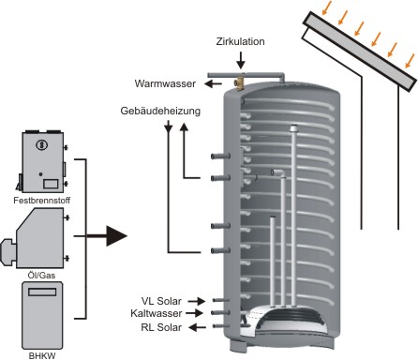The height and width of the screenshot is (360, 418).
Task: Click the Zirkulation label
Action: coord(240,41)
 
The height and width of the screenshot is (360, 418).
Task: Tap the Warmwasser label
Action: coord(165,83)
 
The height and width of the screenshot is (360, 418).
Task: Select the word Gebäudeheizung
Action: coord(160,111)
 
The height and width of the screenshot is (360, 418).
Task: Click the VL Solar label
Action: coord(161,301)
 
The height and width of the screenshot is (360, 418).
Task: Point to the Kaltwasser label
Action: coord(157,313)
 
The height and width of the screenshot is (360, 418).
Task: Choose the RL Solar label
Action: coord(161,327)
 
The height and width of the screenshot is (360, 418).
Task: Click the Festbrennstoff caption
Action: coord(42,201)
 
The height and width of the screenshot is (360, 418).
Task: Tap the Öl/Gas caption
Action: coord(41,275)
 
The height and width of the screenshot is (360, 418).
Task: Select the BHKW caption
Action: coord(42,355)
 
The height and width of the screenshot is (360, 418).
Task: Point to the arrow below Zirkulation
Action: coord(241,60)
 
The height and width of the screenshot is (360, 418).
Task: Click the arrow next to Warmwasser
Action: coord(213,83)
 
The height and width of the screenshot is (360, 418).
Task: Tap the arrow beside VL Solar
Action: coord(197,301)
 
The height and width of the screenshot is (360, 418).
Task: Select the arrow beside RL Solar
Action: coord(198,327)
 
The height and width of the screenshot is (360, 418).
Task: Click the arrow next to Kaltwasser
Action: coord(194,313)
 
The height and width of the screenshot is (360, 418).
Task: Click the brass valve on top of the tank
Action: coord(240,83)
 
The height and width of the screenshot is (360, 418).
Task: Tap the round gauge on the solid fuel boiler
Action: coord(41,144)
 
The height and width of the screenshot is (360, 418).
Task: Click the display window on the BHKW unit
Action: coord(42,292)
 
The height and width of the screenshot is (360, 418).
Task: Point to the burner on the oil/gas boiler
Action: coord(7,252)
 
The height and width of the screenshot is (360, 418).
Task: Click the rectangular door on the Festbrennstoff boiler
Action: coord(51,184)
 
